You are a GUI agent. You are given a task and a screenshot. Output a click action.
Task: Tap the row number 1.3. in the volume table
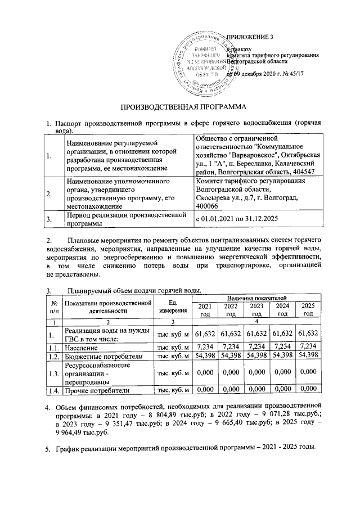tap(54, 373)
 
